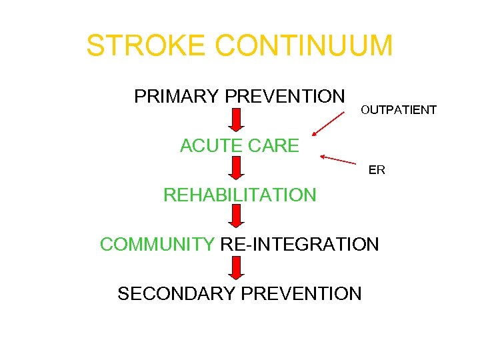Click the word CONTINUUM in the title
tap(305, 46)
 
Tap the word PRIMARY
tap(177, 97)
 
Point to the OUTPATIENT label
tap(399, 109)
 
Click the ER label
tap(377, 170)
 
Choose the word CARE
tap(274, 146)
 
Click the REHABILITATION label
tap(240, 195)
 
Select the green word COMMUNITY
tap(157, 244)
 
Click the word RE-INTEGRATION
tap(299, 244)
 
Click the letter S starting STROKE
tap(95, 46)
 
